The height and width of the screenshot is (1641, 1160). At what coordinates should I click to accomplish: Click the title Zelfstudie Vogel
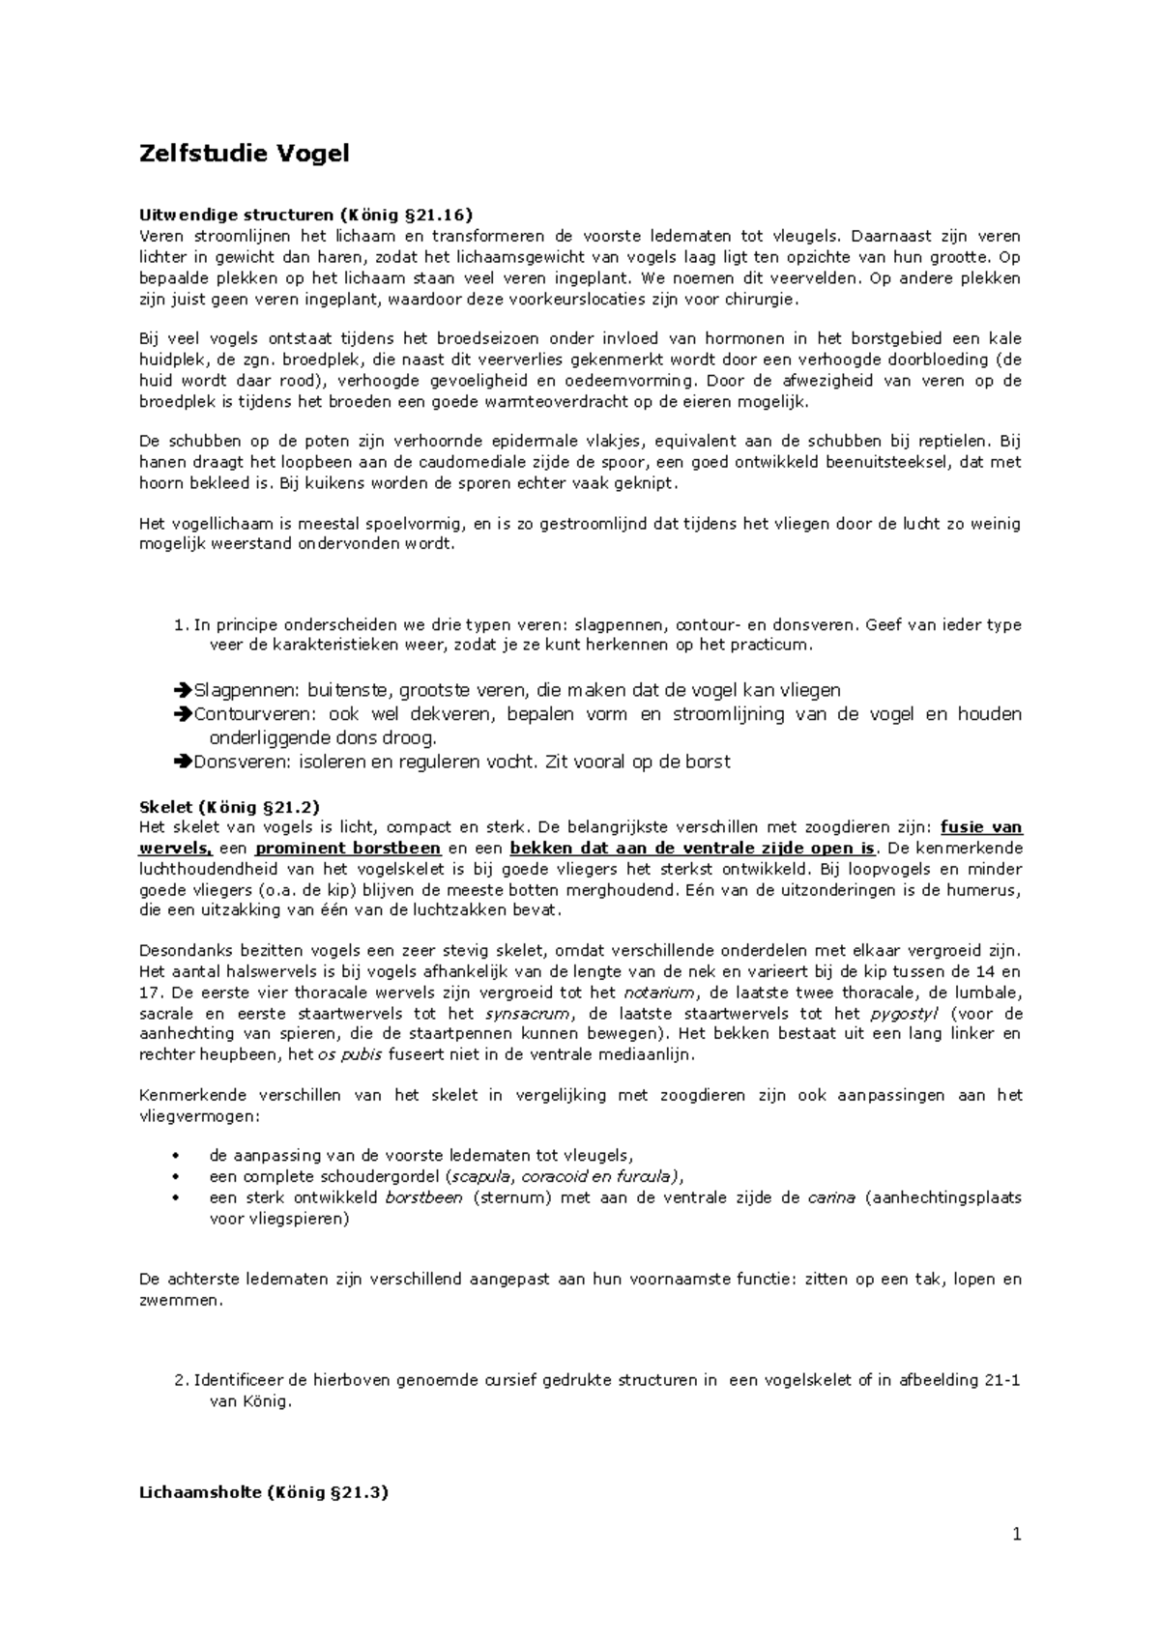244,153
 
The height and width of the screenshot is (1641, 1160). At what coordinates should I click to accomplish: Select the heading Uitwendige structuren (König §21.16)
306,215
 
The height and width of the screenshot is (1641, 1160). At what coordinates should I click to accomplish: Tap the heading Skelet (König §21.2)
229,806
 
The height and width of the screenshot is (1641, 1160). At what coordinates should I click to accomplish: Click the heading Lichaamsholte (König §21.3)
264,1492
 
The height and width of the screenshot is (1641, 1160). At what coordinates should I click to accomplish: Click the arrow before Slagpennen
184,690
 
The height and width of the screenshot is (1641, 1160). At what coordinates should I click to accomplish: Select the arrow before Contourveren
184,714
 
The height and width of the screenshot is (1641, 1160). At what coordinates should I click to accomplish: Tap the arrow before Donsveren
184,762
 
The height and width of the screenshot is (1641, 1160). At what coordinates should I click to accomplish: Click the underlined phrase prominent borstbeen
348,849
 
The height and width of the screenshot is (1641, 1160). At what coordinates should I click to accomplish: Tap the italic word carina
830,1197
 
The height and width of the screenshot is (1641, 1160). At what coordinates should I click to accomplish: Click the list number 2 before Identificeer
180,1380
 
